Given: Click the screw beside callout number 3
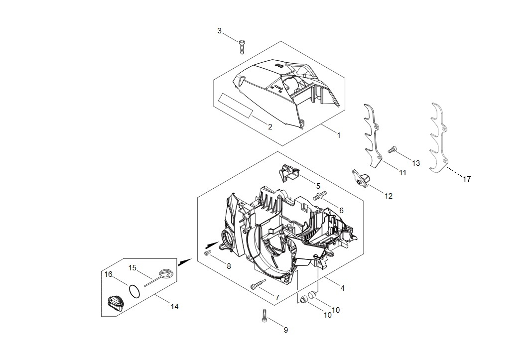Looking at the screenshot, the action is click(242, 47).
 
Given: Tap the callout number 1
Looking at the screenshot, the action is click(338, 135).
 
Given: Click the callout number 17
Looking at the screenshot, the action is click(467, 179).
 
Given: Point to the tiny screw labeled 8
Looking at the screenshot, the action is click(208, 252).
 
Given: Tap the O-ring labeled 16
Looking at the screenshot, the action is click(134, 291).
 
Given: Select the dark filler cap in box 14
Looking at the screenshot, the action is click(116, 303).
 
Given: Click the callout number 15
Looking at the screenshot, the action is click(133, 268).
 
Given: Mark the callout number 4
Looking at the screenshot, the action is click(342, 288).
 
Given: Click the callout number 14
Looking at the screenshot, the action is click(174, 307).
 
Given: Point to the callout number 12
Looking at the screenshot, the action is click(388, 197).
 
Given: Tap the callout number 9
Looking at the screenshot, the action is click(286, 330).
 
